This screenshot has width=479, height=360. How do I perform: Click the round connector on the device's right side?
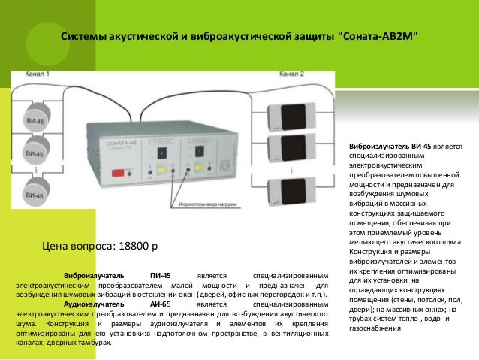coord(227,164)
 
